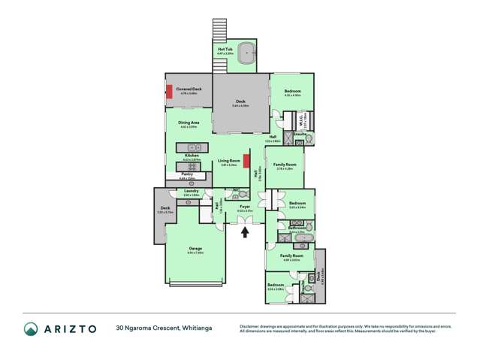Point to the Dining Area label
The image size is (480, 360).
point(188,123)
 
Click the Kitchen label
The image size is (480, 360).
point(191,156)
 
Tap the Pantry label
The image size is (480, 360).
point(186,174)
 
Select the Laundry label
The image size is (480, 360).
point(191,192)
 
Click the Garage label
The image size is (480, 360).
point(195,249)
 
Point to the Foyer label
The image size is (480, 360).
point(244,205)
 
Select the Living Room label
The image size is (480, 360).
point(229,161)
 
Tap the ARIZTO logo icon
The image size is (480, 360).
point(30,328)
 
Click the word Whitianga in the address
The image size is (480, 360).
point(201,328)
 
